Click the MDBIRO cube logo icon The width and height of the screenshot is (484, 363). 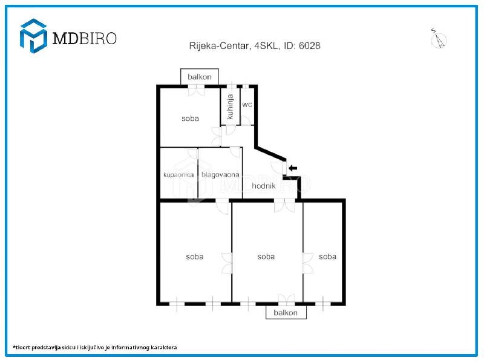33,36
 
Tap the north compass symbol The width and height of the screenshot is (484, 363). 438,39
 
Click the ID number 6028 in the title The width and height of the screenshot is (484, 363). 310,46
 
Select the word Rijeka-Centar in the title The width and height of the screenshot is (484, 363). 219,46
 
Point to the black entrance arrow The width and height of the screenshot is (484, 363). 293,168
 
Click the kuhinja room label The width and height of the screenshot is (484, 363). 230,107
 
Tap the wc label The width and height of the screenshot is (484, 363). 247,105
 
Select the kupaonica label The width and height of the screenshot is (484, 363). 178,175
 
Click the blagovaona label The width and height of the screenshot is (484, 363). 220,175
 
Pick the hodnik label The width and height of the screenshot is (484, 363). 264,186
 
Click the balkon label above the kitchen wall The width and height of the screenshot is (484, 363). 200,77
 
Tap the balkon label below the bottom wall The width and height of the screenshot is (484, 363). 286,313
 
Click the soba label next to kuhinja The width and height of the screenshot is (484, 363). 190,119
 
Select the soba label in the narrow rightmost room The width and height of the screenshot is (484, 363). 327,257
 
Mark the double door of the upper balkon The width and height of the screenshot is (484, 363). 196,90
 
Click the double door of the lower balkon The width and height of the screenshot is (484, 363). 286,299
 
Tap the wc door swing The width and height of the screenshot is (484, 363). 246,120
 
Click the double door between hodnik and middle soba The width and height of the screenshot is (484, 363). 284,206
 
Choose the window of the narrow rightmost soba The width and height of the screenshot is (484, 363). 322,304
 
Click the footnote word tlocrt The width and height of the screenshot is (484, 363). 22,347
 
